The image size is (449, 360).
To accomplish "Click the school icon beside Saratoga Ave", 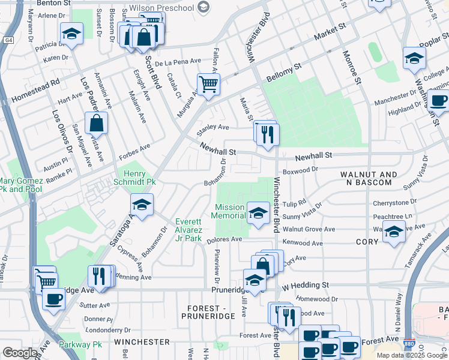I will point(142,205).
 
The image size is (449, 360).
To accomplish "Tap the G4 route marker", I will point(8,40).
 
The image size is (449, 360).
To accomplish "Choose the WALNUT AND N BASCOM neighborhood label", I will point(369,179).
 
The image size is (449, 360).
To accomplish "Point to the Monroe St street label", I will point(351,69).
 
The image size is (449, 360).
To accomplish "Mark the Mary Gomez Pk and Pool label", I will point(22,185).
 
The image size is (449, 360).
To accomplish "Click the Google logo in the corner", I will point(20,353).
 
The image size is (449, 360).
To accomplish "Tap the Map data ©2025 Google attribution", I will point(411,355).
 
